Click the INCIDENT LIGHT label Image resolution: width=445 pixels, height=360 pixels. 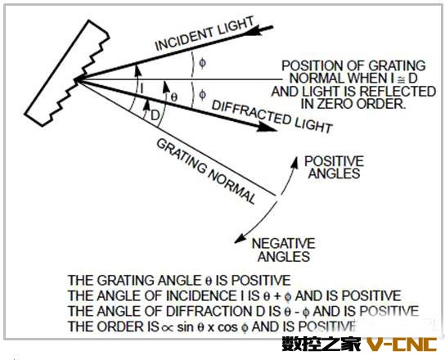coord(205,34)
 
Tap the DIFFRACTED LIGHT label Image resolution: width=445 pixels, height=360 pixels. coord(272,116)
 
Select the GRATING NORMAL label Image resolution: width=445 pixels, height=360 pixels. coord(206,171)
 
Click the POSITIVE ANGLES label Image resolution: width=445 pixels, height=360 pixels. coord(334,167)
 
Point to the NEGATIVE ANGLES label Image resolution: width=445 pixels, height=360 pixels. coord(284,250)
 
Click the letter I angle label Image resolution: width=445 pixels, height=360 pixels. coord(142,89)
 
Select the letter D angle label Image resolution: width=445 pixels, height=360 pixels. coord(155,115)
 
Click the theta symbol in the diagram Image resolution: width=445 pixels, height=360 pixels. coord(174,97)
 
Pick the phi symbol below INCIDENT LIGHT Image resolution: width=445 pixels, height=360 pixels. coord(202,63)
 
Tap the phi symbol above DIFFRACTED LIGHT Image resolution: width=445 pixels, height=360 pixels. coord(202,95)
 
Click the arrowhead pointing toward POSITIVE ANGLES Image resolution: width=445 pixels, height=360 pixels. coord(294,162)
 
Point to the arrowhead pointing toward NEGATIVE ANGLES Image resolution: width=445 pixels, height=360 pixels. coord(240,239)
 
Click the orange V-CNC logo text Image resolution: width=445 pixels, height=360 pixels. coord(402,344)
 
